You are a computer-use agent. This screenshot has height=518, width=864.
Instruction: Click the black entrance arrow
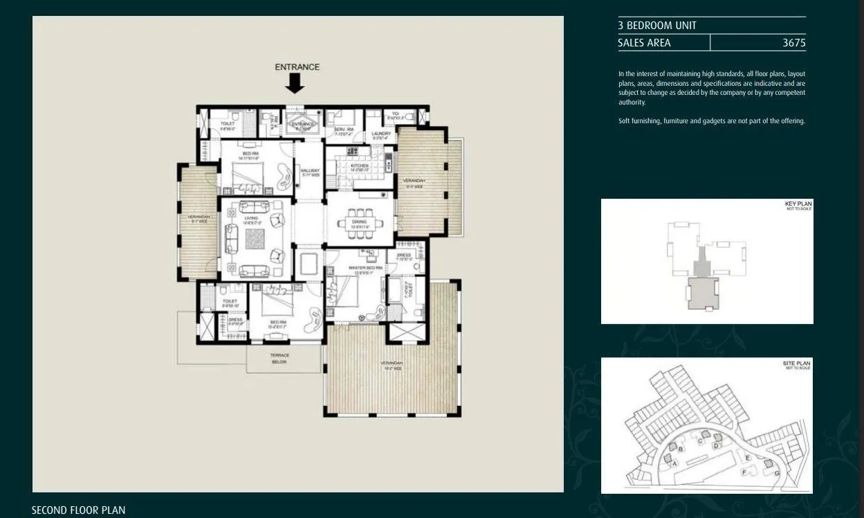[295, 83]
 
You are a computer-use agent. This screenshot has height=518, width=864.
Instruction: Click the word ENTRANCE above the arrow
[297, 67]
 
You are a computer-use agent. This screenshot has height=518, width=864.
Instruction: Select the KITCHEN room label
[359, 166]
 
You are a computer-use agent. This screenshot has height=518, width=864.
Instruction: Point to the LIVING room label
[250, 218]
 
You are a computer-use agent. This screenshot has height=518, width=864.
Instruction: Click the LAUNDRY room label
[380, 134]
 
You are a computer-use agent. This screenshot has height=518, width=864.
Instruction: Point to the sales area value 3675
[793, 43]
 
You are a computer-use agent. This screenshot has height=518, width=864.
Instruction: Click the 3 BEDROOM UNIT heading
[657, 26]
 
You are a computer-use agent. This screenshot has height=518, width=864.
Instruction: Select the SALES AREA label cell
[644, 43]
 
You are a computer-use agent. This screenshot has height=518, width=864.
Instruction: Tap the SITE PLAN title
[797, 363]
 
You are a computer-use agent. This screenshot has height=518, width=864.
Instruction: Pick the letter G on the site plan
[777, 473]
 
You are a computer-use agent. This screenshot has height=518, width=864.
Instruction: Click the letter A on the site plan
[674, 464]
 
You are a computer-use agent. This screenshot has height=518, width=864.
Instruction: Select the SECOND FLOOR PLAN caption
[78, 510]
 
